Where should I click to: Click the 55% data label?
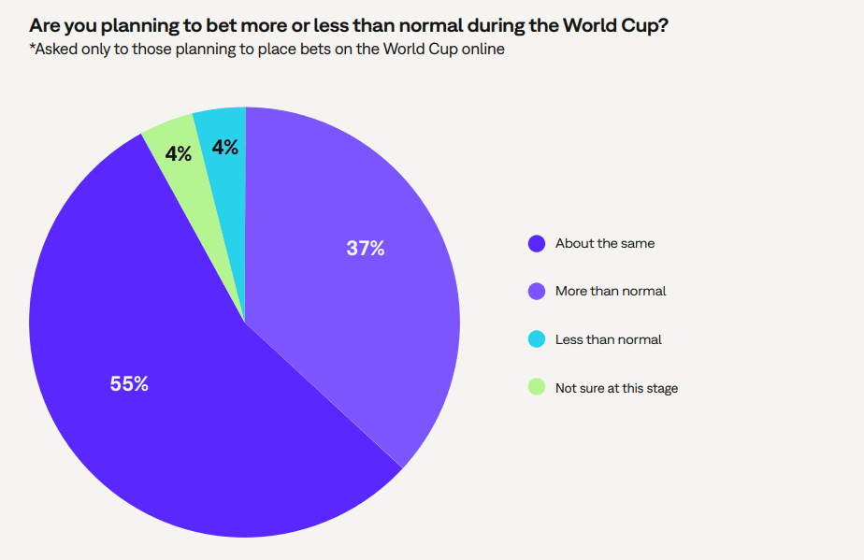point(129,384)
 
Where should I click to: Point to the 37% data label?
point(365,249)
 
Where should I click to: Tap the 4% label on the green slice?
point(179,154)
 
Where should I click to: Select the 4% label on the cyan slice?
point(225,147)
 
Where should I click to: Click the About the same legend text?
point(605,243)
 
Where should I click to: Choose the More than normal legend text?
point(611,291)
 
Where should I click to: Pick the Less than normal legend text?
point(608,339)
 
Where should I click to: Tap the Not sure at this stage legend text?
point(616,388)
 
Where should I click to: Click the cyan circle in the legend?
point(537,339)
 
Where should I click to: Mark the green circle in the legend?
point(537,387)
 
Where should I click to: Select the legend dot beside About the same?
point(537,243)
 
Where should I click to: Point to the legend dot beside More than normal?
point(537,291)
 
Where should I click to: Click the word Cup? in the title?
point(645,25)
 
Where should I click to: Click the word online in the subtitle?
point(481,49)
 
